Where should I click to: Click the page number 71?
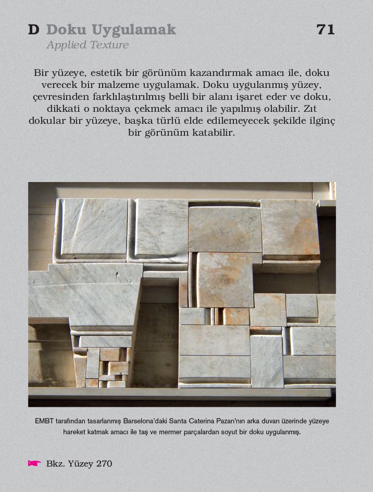[x=325, y=30]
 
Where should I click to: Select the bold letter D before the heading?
[x=33, y=30]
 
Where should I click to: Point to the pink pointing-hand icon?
[x=34, y=463]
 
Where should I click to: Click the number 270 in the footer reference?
[x=104, y=463]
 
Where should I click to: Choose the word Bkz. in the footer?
[x=56, y=463]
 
